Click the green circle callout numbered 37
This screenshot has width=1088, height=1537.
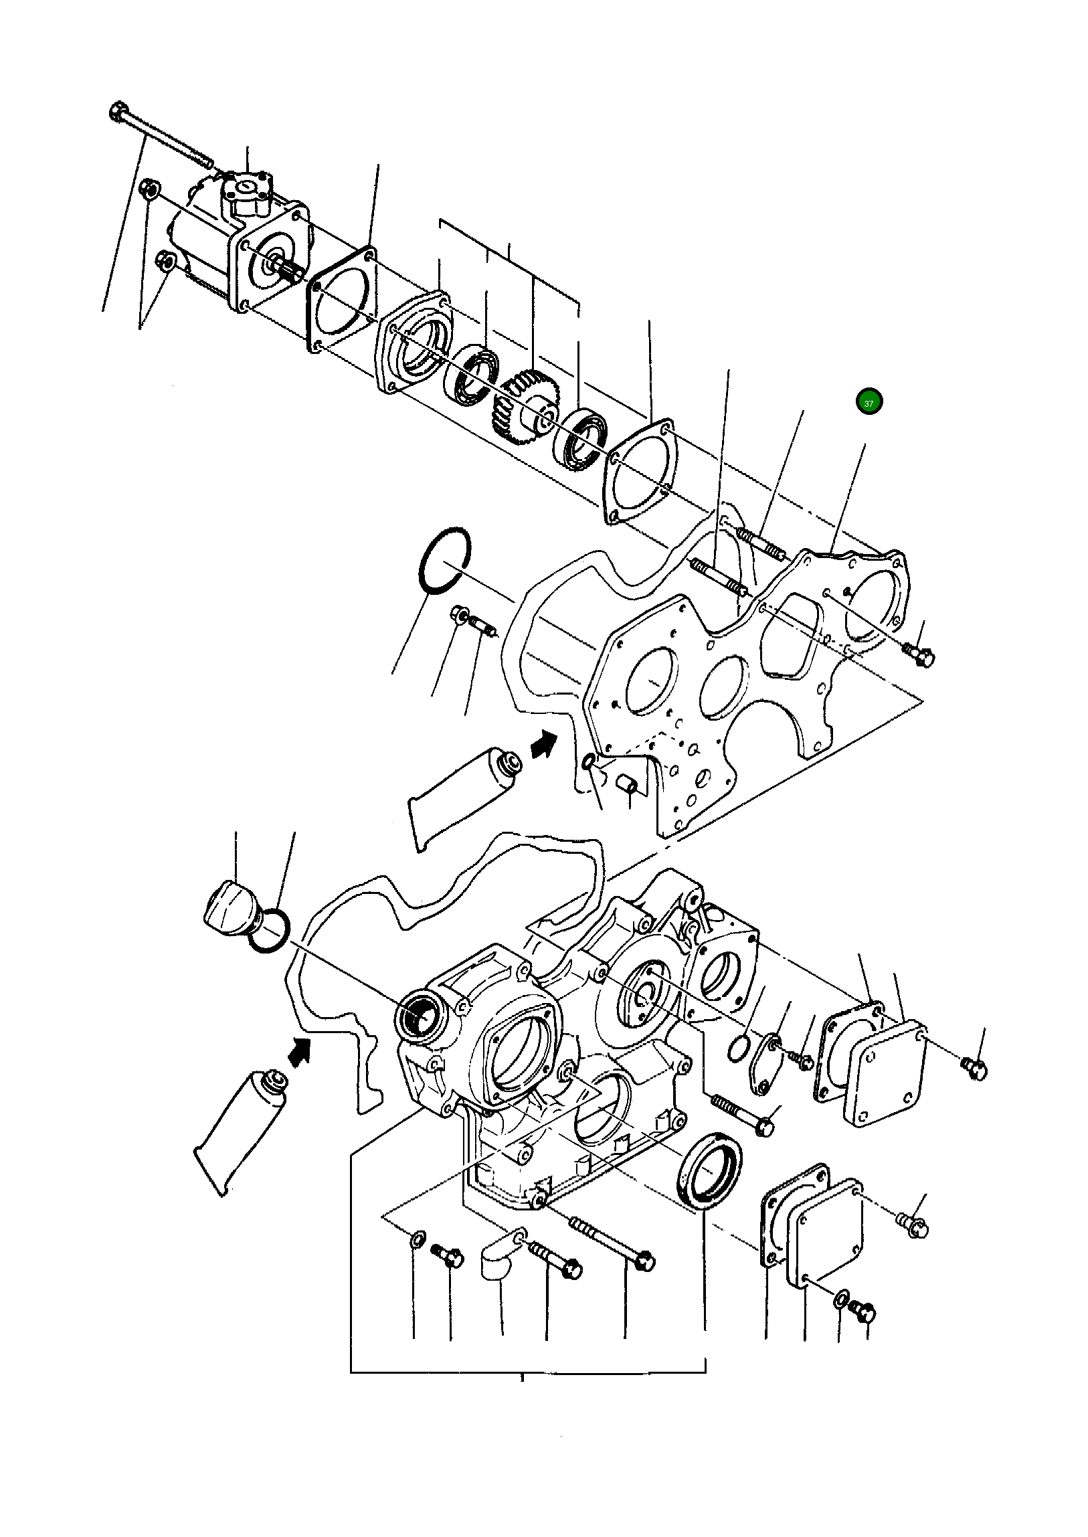tap(869, 402)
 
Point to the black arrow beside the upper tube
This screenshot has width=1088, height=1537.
tap(543, 743)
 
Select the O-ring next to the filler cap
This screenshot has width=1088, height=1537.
tap(268, 931)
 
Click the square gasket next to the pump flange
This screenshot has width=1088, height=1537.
tap(342, 298)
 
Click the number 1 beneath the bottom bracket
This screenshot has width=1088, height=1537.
tap(522, 1379)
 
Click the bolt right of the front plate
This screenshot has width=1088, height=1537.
tap(919, 654)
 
